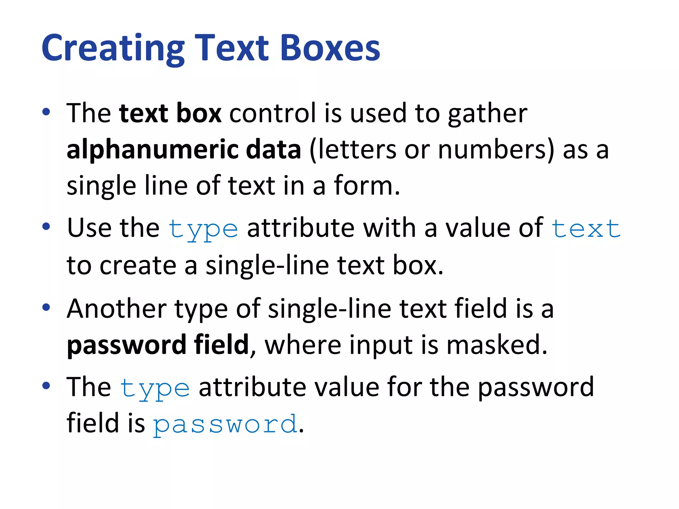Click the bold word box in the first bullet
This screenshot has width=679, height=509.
point(199,113)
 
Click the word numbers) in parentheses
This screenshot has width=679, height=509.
point(496,149)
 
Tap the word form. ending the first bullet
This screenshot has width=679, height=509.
point(367,186)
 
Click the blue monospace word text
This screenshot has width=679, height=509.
point(586,229)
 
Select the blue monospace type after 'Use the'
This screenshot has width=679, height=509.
point(203,229)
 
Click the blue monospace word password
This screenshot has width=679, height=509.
point(225,424)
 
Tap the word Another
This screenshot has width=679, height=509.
point(116,309)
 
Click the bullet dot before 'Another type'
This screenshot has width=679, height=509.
point(46,307)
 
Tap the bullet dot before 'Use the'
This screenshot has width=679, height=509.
point(46,227)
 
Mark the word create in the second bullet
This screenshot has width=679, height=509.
point(138,265)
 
